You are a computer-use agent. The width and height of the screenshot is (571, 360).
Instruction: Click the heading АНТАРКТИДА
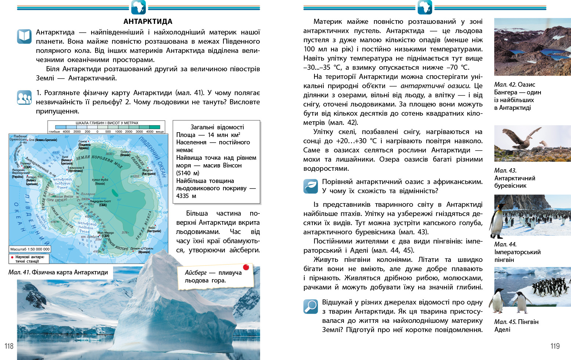[148, 21]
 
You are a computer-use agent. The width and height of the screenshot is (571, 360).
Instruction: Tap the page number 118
[9, 346]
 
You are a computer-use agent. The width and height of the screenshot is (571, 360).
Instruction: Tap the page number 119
[555, 346]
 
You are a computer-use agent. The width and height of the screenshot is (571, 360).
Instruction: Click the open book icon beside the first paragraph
[24, 36]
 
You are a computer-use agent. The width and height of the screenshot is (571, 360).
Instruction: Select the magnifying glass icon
[310, 306]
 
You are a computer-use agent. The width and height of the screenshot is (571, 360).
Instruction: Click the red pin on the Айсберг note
[246, 267]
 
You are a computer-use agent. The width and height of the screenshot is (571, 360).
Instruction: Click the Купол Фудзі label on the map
[100, 181]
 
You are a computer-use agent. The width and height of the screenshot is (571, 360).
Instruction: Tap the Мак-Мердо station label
[105, 234]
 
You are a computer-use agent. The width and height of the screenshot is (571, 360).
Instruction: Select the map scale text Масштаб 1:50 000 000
[30, 249]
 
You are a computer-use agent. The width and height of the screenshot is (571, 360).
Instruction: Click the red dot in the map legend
[12, 258]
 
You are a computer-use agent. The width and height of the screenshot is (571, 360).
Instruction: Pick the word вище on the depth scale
[160, 132]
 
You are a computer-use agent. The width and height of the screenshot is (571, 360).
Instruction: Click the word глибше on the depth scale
[54, 132]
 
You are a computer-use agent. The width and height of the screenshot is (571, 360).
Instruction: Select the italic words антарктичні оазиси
[435, 86]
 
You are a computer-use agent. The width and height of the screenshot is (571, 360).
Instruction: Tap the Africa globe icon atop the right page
[425, 7]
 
